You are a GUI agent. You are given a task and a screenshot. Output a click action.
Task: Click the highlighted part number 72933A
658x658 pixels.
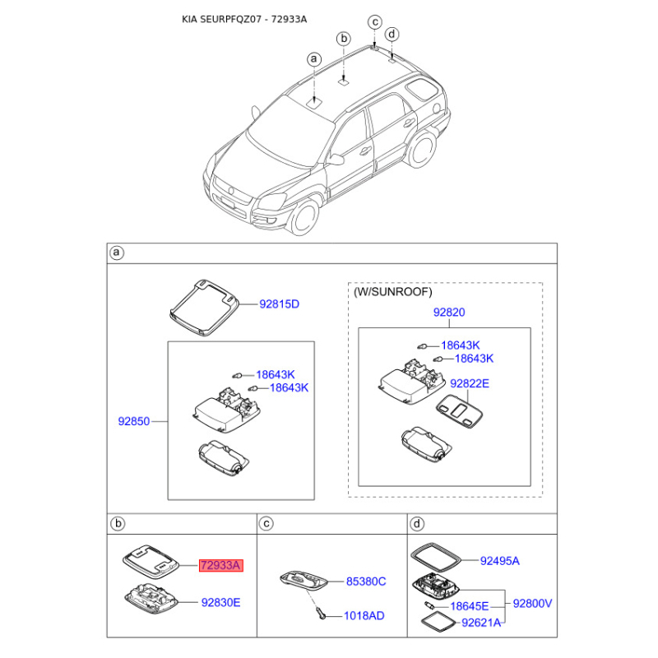pos(220,565)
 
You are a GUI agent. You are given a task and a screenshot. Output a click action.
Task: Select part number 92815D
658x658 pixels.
pos(279,304)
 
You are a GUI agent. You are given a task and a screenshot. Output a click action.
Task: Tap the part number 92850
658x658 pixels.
pos(134,421)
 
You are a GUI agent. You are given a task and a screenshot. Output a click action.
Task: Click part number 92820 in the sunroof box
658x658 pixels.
pos(449,313)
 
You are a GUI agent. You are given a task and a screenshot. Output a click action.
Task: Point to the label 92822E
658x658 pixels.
pos(470,383)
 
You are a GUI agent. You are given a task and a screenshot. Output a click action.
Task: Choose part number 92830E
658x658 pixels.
pos(220,602)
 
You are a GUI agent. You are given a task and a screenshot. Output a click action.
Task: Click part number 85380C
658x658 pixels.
pos(366,582)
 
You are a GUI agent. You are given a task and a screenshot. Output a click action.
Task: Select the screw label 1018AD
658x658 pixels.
pos(364,615)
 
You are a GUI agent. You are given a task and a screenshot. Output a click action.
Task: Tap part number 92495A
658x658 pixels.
pos(500,561)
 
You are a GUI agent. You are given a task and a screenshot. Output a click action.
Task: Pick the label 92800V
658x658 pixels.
pos(532,604)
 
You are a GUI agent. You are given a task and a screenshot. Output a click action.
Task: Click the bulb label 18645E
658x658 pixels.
pos(470,606)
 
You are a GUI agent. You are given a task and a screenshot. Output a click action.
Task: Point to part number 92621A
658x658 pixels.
pos(481,623)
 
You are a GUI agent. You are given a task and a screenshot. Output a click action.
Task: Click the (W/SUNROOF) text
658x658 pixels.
pos(393,292)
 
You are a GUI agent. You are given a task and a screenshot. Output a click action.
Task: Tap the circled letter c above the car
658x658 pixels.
pos(375,22)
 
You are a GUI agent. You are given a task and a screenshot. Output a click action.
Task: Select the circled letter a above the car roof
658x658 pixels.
pos(314,59)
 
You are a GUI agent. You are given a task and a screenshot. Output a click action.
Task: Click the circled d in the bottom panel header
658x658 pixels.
pos(416,524)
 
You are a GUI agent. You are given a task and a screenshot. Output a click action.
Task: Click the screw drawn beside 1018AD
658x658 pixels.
pos(322,614)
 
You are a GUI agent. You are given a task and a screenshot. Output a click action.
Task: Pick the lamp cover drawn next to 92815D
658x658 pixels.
pos(204,307)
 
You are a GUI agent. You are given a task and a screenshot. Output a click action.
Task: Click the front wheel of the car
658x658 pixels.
pos(304,217)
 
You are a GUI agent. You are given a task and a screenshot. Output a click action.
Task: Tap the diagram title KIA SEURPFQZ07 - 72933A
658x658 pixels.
pos(244,19)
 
